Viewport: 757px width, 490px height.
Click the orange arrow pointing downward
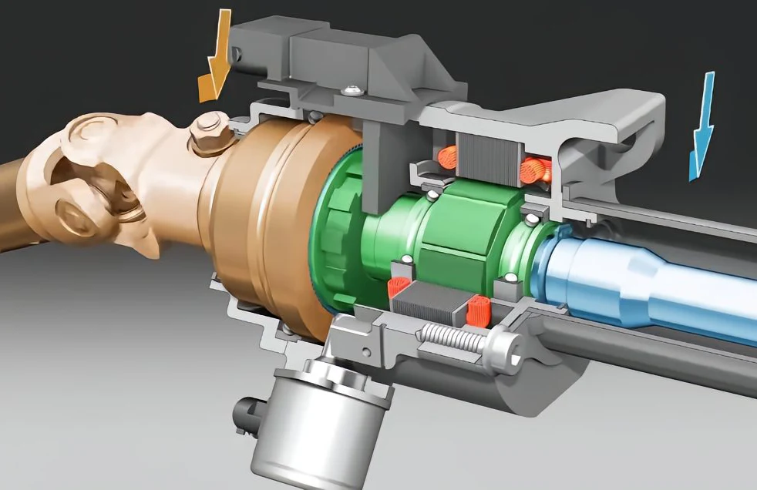click(216, 60)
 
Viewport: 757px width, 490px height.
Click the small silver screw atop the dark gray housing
click(354, 91)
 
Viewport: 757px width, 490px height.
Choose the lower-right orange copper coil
click(477, 310)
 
